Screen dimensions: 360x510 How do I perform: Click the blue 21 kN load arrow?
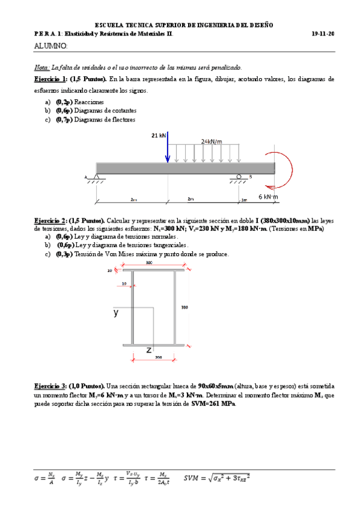(168, 150)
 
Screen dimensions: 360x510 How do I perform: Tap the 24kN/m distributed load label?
(212, 142)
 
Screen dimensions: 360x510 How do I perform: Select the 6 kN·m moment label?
(270, 196)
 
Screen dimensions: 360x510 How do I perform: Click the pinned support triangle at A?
(96, 177)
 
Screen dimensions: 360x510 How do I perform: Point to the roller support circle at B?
(239, 177)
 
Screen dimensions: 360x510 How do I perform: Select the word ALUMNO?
(50, 46)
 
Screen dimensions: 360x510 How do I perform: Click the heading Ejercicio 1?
(50, 79)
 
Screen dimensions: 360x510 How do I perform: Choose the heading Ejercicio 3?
(50, 385)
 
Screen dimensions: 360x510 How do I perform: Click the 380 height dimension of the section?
(185, 307)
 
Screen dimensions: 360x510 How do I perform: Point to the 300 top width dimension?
(148, 263)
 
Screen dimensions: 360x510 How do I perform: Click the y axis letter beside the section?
(116, 313)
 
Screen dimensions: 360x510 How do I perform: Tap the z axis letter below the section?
(148, 349)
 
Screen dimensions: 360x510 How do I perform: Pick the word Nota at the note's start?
(42, 68)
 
